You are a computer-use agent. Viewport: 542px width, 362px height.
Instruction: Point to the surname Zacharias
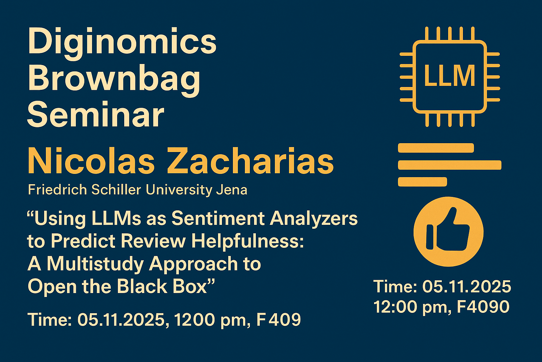251,160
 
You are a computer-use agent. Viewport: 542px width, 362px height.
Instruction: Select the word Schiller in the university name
116,189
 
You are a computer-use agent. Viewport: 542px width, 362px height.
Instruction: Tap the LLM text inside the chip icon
450,76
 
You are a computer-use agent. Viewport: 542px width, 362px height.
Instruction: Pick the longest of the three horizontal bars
450,165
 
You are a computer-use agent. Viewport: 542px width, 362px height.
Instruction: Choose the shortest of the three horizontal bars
422,182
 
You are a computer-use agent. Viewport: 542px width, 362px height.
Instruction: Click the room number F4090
483,307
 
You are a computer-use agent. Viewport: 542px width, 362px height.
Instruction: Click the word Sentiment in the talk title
218,218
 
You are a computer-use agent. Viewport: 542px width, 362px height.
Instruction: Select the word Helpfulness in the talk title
247,241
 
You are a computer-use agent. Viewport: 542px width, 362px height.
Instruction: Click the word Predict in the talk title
83,241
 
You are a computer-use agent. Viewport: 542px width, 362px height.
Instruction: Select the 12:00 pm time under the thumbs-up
412,307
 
